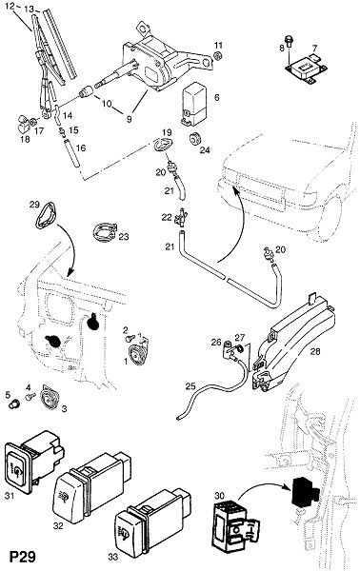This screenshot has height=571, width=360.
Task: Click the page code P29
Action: pyautogui.click(x=23, y=557)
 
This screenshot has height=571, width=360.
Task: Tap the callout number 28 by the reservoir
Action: pyautogui.click(x=315, y=351)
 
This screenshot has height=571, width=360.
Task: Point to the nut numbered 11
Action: pyautogui.click(x=217, y=56)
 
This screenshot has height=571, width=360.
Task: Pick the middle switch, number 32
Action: pyautogui.click(x=91, y=482)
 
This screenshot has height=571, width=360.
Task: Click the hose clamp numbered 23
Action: pyautogui.click(x=104, y=233)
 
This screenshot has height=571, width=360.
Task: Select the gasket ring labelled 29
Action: pyautogui.click(x=46, y=217)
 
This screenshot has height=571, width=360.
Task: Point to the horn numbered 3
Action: pyautogui.click(x=48, y=398)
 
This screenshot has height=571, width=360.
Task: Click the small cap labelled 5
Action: pyautogui.click(x=15, y=404)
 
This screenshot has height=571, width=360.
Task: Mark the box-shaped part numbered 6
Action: pyautogui.click(x=194, y=104)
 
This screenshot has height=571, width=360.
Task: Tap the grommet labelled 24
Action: pyautogui.click(x=193, y=139)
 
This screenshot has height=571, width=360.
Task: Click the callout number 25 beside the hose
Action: pyautogui.click(x=190, y=386)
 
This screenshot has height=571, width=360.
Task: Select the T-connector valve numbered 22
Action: pyautogui.click(x=181, y=218)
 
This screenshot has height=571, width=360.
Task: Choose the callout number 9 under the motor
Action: pyautogui.click(x=129, y=119)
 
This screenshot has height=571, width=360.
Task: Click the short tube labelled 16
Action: pyautogui.click(x=71, y=154)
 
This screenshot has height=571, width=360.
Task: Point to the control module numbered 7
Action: pyautogui.click(x=306, y=68)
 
